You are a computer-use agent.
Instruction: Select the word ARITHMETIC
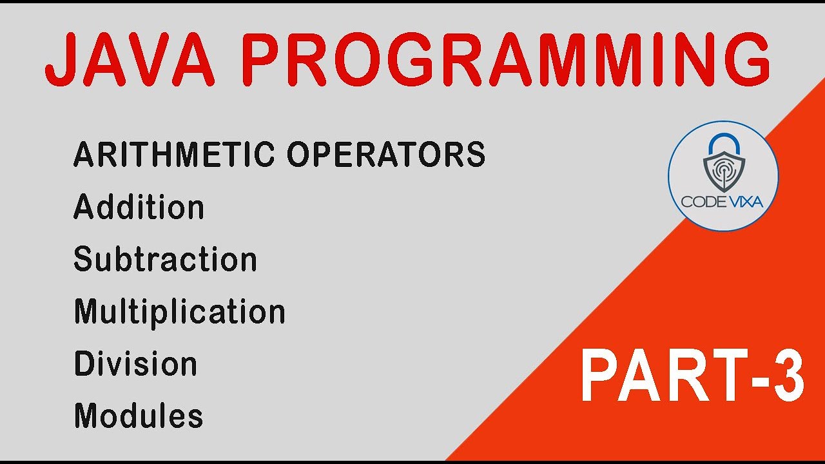pyautogui.click(x=174, y=155)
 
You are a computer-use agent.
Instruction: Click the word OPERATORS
pyautogui.click(x=386, y=155)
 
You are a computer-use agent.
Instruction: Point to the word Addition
pyautogui.click(x=139, y=207)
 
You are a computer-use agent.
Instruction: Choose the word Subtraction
pyautogui.click(x=165, y=259)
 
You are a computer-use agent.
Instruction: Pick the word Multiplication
pyautogui.click(x=179, y=312)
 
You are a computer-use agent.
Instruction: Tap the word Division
pyautogui.click(x=135, y=364)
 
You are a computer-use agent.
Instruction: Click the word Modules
pyautogui.click(x=139, y=416)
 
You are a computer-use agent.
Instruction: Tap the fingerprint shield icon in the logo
pyautogui.click(x=723, y=171)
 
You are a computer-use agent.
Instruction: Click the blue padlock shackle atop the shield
pyautogui.click(x=723, y=144)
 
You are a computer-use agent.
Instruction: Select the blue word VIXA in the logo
pyautogui.click(x=744, y=202)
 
